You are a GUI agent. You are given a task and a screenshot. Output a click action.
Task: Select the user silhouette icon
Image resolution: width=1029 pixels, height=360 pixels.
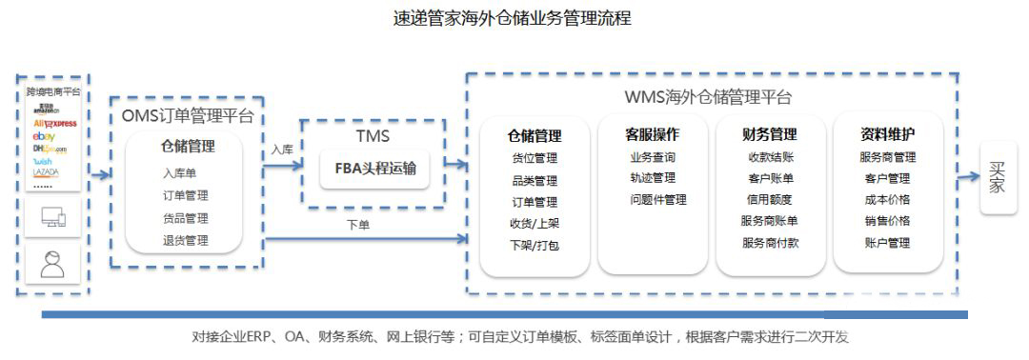pos(52,264)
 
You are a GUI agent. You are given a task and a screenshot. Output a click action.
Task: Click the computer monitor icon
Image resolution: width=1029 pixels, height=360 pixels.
pos(53,219)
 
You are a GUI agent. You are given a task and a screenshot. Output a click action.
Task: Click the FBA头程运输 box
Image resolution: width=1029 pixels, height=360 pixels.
pos(375,170)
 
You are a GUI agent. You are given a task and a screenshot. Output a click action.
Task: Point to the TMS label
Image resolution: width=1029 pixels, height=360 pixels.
pos(373,135)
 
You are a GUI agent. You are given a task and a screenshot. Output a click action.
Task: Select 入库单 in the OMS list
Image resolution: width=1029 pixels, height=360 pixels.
pos(179,172)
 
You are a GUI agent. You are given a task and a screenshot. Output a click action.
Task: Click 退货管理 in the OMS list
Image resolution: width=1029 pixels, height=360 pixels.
pos(185,240)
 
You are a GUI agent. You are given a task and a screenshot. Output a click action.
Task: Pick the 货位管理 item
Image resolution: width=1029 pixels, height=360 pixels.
pos(534,158)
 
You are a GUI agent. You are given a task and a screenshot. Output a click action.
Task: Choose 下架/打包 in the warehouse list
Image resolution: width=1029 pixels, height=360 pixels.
pos(534,245)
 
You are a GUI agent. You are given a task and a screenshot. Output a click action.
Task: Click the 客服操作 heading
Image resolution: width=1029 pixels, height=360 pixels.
pos(652,134)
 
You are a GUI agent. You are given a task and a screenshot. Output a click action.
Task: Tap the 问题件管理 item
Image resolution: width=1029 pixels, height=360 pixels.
pos(657,200)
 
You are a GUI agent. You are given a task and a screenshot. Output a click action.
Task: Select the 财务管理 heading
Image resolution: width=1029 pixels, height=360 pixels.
pos(769,134)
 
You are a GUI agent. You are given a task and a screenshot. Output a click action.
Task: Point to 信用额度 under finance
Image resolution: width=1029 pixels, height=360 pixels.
pos(769,200)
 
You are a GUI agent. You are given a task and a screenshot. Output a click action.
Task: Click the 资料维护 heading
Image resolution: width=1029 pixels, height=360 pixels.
pos(887,134)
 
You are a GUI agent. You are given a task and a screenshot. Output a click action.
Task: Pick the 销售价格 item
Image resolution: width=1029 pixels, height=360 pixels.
pos(887,221)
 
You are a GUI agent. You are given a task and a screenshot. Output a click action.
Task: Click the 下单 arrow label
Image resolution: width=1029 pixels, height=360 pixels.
pos(358,225)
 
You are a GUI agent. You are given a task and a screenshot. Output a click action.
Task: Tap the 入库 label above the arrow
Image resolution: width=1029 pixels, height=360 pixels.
pos(281,150)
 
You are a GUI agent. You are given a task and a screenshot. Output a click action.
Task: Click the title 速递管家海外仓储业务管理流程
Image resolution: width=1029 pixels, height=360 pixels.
pos(512,18)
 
